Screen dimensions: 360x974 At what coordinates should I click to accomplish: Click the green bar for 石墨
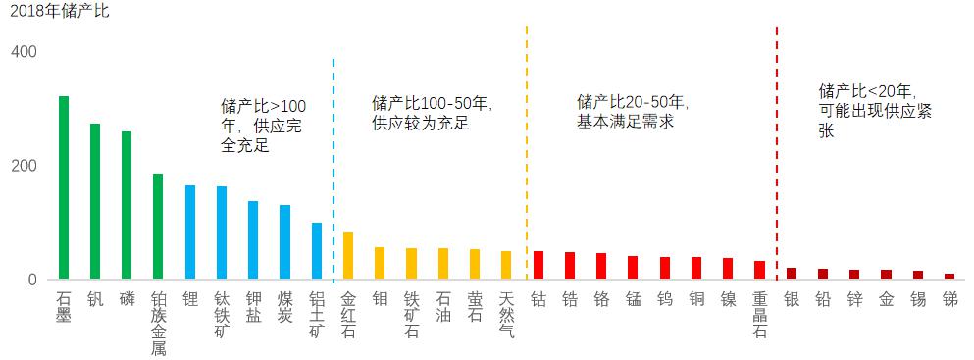click(x=64, y=187)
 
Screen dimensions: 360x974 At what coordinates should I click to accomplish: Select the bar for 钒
click(x=95, y=201)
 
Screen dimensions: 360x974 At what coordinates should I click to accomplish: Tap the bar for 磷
click(x=127, y=205)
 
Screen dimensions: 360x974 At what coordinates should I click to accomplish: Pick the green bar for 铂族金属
click(x=158, y=227)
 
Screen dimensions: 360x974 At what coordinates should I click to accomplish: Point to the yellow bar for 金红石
click(x=348, y=256)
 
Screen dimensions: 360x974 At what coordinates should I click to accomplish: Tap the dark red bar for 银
click(x=791, y=274)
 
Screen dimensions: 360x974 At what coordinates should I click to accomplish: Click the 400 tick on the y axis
click(x=25, y=51)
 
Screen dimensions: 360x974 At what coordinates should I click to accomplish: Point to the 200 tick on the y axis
click(x=25, y=165)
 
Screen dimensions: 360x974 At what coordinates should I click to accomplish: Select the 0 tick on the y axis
click(x=31, y=280)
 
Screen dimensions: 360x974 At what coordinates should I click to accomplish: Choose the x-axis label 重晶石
click(x=759, y=314)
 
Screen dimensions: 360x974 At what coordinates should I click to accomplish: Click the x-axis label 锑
click(x=948, y=298)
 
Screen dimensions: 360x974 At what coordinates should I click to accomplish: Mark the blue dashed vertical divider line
click(x=333, y=167)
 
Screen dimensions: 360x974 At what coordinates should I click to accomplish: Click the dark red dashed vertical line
click(x=777, y=147)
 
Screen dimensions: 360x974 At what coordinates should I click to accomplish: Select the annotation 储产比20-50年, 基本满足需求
click(x=633, y=112)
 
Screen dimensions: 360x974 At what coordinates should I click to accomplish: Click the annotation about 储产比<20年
click(x=873, y=110)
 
